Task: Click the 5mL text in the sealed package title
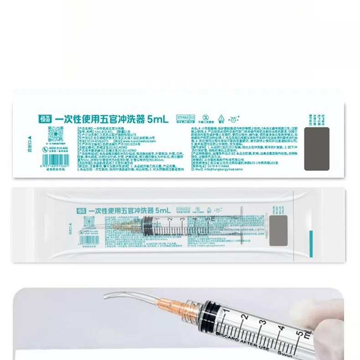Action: [162, 211]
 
